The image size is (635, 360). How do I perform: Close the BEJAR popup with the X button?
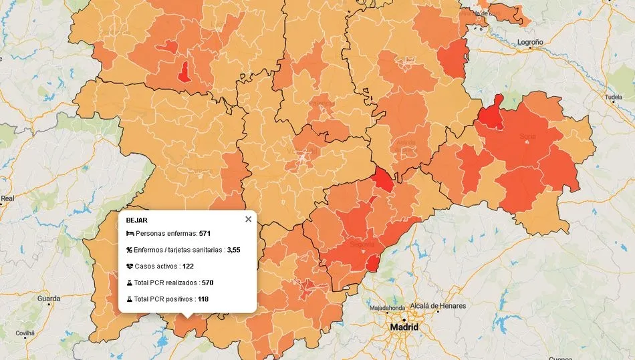pyautogui.click(x=248, y=219)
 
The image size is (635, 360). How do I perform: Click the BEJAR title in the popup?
pyautogui.click(x=136, y=220)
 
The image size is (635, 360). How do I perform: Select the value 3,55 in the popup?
pyautogui.click(x=233, y=250)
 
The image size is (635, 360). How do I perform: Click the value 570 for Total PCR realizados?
pyautogui.click(x=207, y=283)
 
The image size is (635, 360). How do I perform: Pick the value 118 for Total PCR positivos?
pyautogui.click(x=203, y=299)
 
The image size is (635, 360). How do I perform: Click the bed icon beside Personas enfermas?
pyautogui.click(x=130, y=234)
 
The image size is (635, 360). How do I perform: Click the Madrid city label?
pyautogui.click(x=404, y=327)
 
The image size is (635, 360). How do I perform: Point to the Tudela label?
pyautogui.click(x=613, y=97)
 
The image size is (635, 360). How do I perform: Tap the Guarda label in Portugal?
pyautogui.click(x=49, y=299)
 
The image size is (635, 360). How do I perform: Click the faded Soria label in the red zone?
pyautogui.click(x=527, y=136)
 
